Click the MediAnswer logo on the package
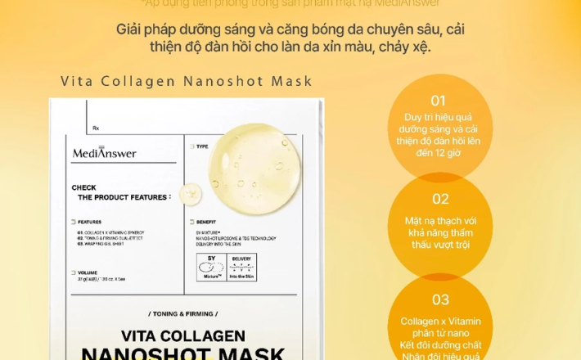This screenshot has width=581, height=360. (104, 153)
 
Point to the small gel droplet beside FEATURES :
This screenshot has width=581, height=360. (191, 194)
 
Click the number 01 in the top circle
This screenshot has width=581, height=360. (439, 101)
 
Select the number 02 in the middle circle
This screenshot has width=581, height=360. (440, 199)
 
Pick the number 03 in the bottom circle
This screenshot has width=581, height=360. (440, 299)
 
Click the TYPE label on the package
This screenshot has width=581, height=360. (201, 147)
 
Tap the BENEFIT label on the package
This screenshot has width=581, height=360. (207, 223)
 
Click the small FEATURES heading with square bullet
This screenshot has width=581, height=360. (89, 222)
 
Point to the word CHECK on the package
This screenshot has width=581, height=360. (83, 187)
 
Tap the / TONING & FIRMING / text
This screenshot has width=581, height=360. (183, 313)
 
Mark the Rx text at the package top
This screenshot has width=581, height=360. (96, 128)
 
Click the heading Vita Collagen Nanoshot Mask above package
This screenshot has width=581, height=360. (187, 81)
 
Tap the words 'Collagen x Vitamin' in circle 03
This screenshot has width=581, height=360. (440, 322)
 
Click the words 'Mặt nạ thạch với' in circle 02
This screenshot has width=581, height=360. (440, 221)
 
